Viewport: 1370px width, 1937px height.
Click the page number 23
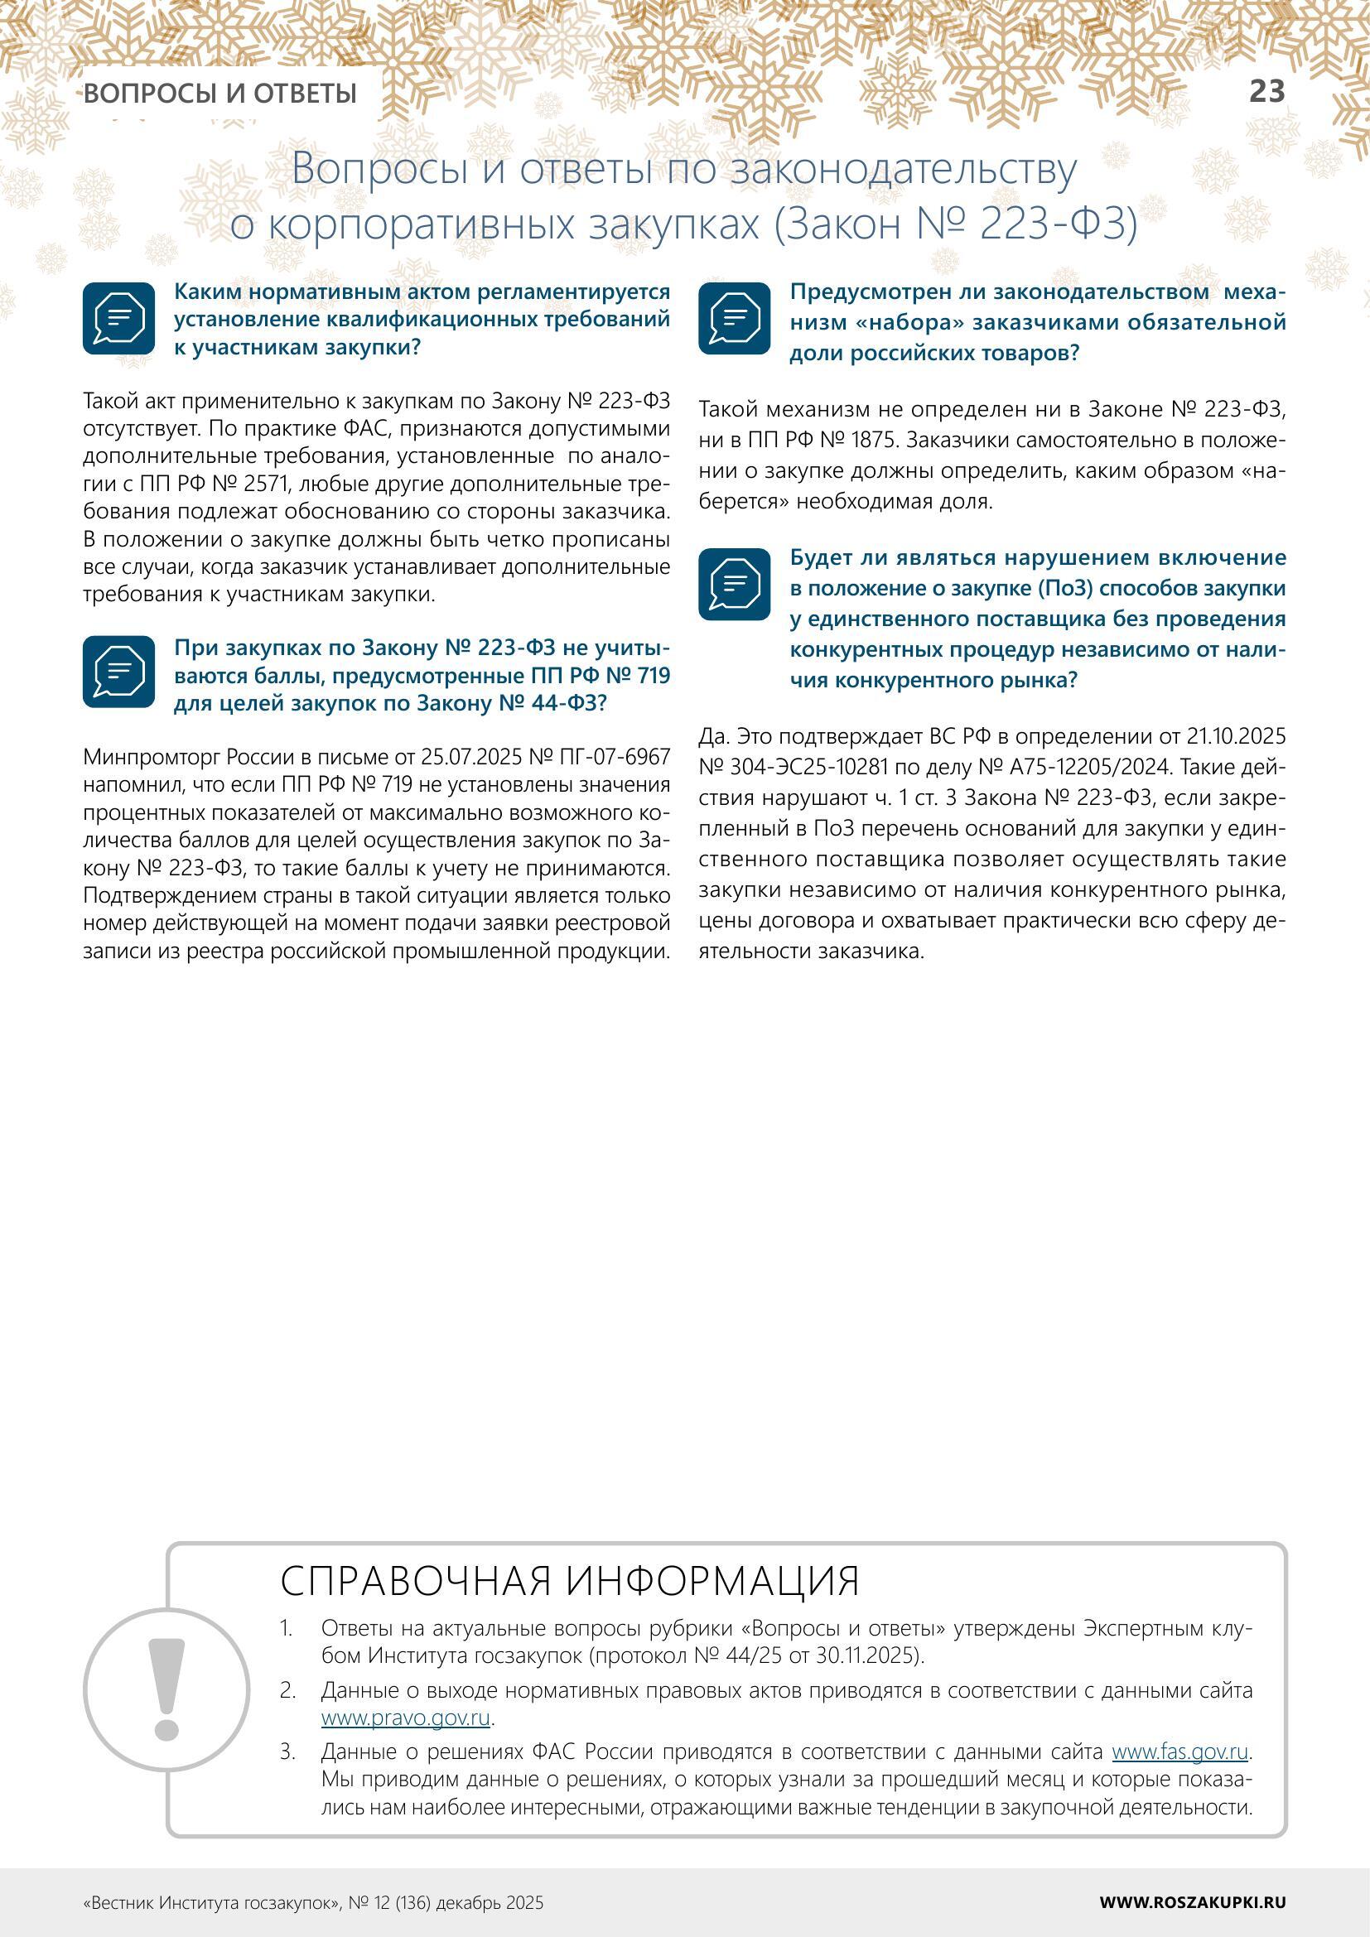coord(1266,91)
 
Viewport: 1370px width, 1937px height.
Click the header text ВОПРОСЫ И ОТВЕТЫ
coord(220,93)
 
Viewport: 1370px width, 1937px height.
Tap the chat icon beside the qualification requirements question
coord(119,318)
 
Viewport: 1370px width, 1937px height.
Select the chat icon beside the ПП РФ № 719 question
coord(119,672)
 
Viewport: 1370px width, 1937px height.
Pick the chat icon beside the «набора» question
coord(734,318)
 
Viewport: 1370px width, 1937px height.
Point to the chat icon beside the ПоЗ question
coord(734,584)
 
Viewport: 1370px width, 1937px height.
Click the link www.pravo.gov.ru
coord(406,1718)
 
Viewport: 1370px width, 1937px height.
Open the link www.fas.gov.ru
coord(1179,1752)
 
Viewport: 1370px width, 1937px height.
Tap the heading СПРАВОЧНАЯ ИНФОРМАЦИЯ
coord(569,1581)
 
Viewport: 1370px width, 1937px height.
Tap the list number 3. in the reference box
coord(287,1752)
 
